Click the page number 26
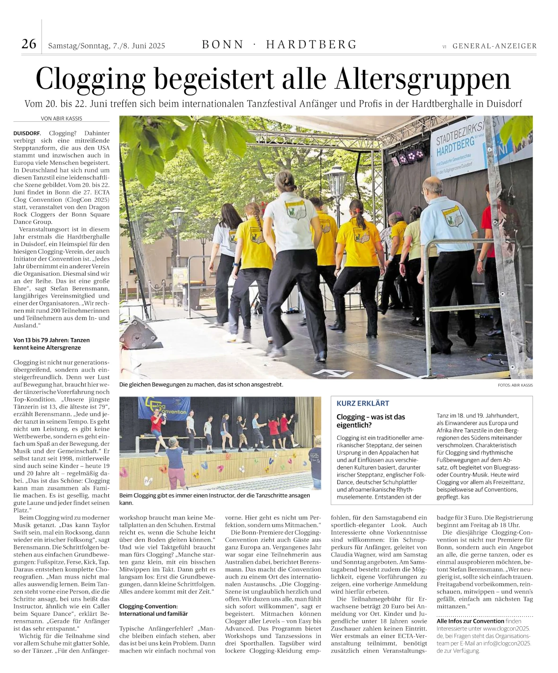pyautogui.click(x=29, y=44)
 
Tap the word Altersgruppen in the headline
pyautogui.click(x=423, y=79)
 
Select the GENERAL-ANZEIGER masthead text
pyautogui.click(x=494, y=46)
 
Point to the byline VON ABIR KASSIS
pyautogui.click(x=61, y=119)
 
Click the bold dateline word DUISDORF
pyautogui.click(x=27, y=133)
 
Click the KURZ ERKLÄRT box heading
pyautogui.click(x=362, y=403)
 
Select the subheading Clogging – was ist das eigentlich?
pyautogui.click(x=370, y=421)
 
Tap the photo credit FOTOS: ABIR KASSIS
pyautogui.click(x=515, y=385)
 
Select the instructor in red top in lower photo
pyautogui.click(x=156, y=423)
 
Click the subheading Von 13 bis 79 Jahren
pyautogui.click(x=51, y=343)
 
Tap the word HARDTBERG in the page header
pyautogui.click(x=311, y=44)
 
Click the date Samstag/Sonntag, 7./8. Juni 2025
pyautogui.click(x=106, y=46)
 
